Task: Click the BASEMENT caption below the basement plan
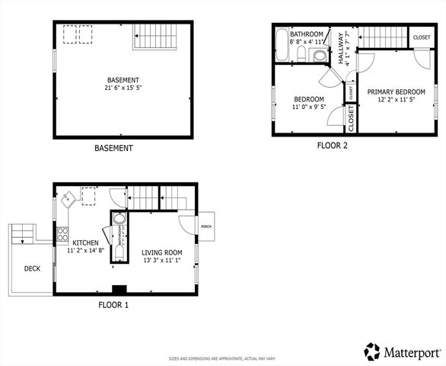[113, 149]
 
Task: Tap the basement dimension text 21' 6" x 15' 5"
[123, 88]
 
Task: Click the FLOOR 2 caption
[332, 145]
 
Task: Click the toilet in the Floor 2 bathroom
[303, 53]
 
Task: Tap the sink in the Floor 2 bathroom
[320, 55]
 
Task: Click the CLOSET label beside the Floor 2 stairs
[421, 37]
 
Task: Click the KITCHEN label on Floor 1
[85, 242]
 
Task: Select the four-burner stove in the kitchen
[62, 234]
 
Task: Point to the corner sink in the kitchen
[68, 200]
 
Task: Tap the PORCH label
[206, 226]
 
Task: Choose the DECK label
[32, 268]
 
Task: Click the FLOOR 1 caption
[113, 305]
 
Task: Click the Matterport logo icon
[372, 351]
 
